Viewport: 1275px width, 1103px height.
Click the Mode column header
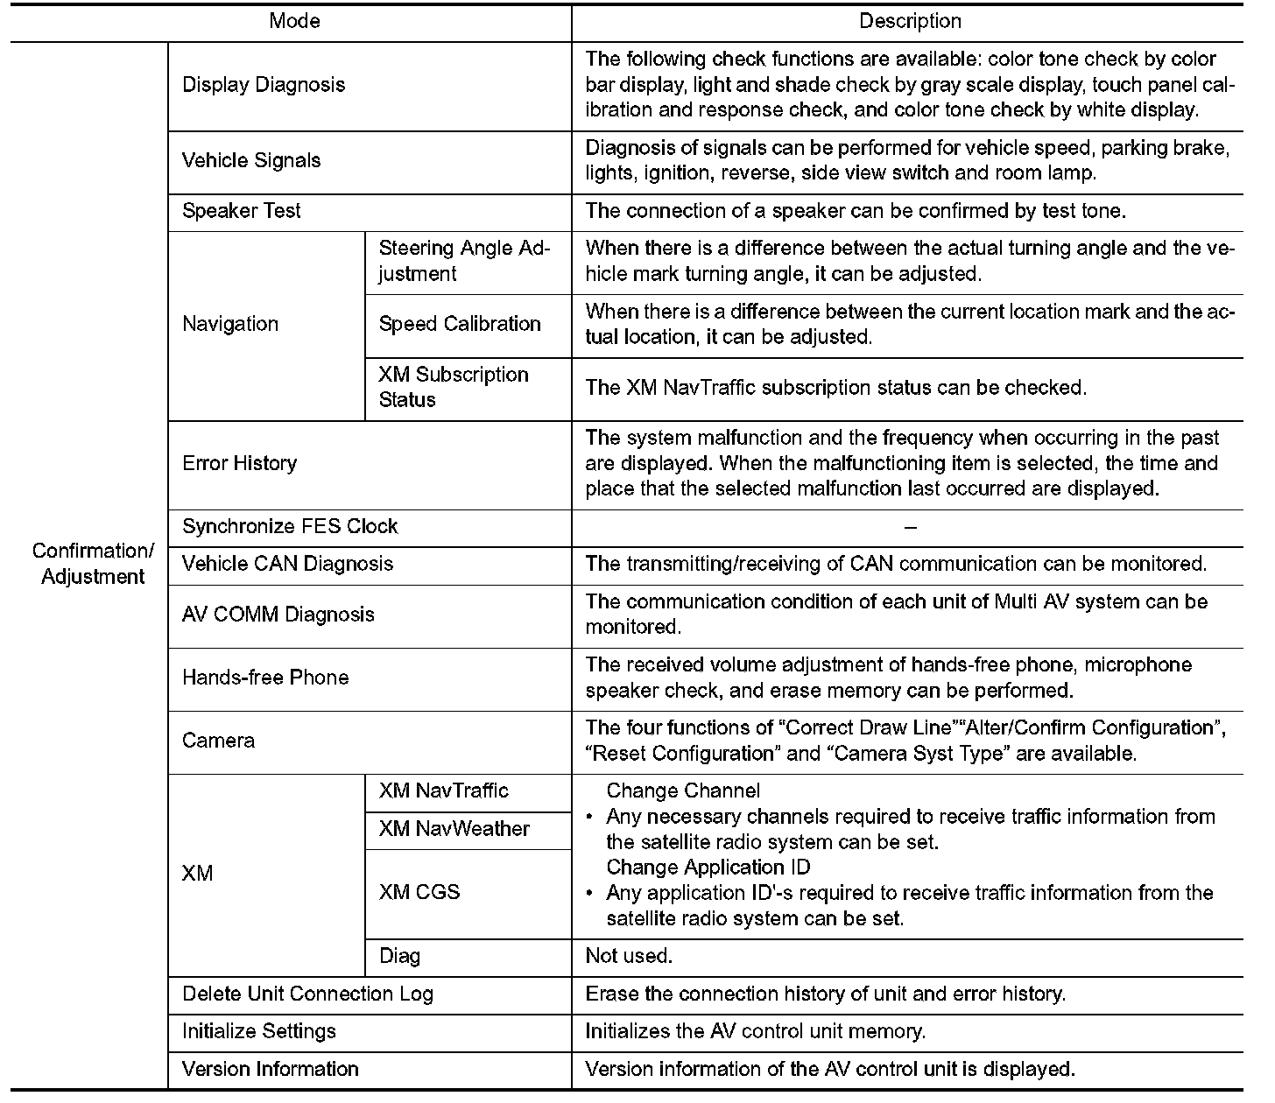[294, 21]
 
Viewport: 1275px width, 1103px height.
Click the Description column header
[910, 21]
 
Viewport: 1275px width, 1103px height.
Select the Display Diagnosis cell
[264, 85]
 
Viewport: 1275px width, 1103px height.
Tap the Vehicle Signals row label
[251, 160]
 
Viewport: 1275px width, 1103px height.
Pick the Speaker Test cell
[241, 211]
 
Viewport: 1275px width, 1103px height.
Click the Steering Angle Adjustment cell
[464, 261]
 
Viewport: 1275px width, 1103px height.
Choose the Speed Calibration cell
[460, 324]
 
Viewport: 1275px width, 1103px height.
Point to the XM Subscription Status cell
[454, 387]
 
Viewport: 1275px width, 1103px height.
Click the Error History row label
[239, 463]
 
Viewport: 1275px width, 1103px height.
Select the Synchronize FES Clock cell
[290, 526]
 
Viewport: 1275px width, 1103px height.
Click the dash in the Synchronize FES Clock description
[910, 527]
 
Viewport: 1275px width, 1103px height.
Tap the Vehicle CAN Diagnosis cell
[287, 564]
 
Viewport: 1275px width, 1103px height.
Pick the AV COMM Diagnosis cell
[278, 615]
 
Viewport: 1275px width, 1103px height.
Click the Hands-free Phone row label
[265, 678]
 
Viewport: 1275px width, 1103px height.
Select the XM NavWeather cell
[454, 829]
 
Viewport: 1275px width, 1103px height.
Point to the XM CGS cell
[419, 892]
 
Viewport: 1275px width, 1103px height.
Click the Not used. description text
[629, 956]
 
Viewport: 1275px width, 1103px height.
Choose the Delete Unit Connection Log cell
[307, 994]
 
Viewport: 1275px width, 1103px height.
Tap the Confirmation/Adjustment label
[93, 564]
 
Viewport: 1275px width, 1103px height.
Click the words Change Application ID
[708, 868]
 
